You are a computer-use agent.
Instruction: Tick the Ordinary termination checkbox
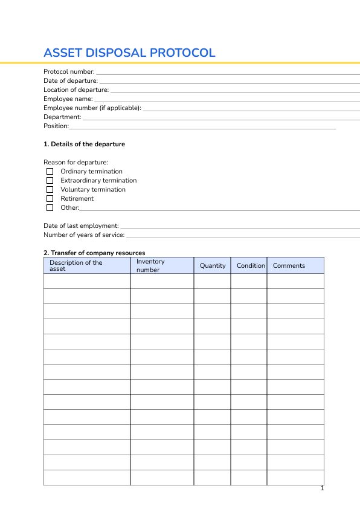click(x=50, y=172)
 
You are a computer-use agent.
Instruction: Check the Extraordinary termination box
click(x=50, y=181)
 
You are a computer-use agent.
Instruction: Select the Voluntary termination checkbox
click(x=50, y=190)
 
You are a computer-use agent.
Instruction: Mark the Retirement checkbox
click(x=50, y=199)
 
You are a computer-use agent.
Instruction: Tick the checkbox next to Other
click(x=50, y=208)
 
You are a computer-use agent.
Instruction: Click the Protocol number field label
click(x=69, y=72)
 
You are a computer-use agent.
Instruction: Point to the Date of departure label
click(x=70, y=81)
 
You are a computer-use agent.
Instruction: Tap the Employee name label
click(x=68, y=99)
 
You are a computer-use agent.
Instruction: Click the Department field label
click(x=62, y=117)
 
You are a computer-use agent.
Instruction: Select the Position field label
click(x=56, y=126)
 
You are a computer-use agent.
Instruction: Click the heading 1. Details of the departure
click(x=84, y=144)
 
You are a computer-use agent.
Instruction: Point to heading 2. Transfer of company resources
click(x=94, y=253)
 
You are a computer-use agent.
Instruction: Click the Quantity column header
click(x=213, y=265)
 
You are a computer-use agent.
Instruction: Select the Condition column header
click(x=251, y=265)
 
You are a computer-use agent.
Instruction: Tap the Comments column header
click(x=289, y=265)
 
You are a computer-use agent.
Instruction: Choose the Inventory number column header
click(x=150, y=265)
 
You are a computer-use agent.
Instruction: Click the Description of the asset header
click(x=76, y=265)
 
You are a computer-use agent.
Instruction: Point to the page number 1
click(x=323, y=488)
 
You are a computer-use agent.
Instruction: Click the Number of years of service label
click(x=84, y=235)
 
